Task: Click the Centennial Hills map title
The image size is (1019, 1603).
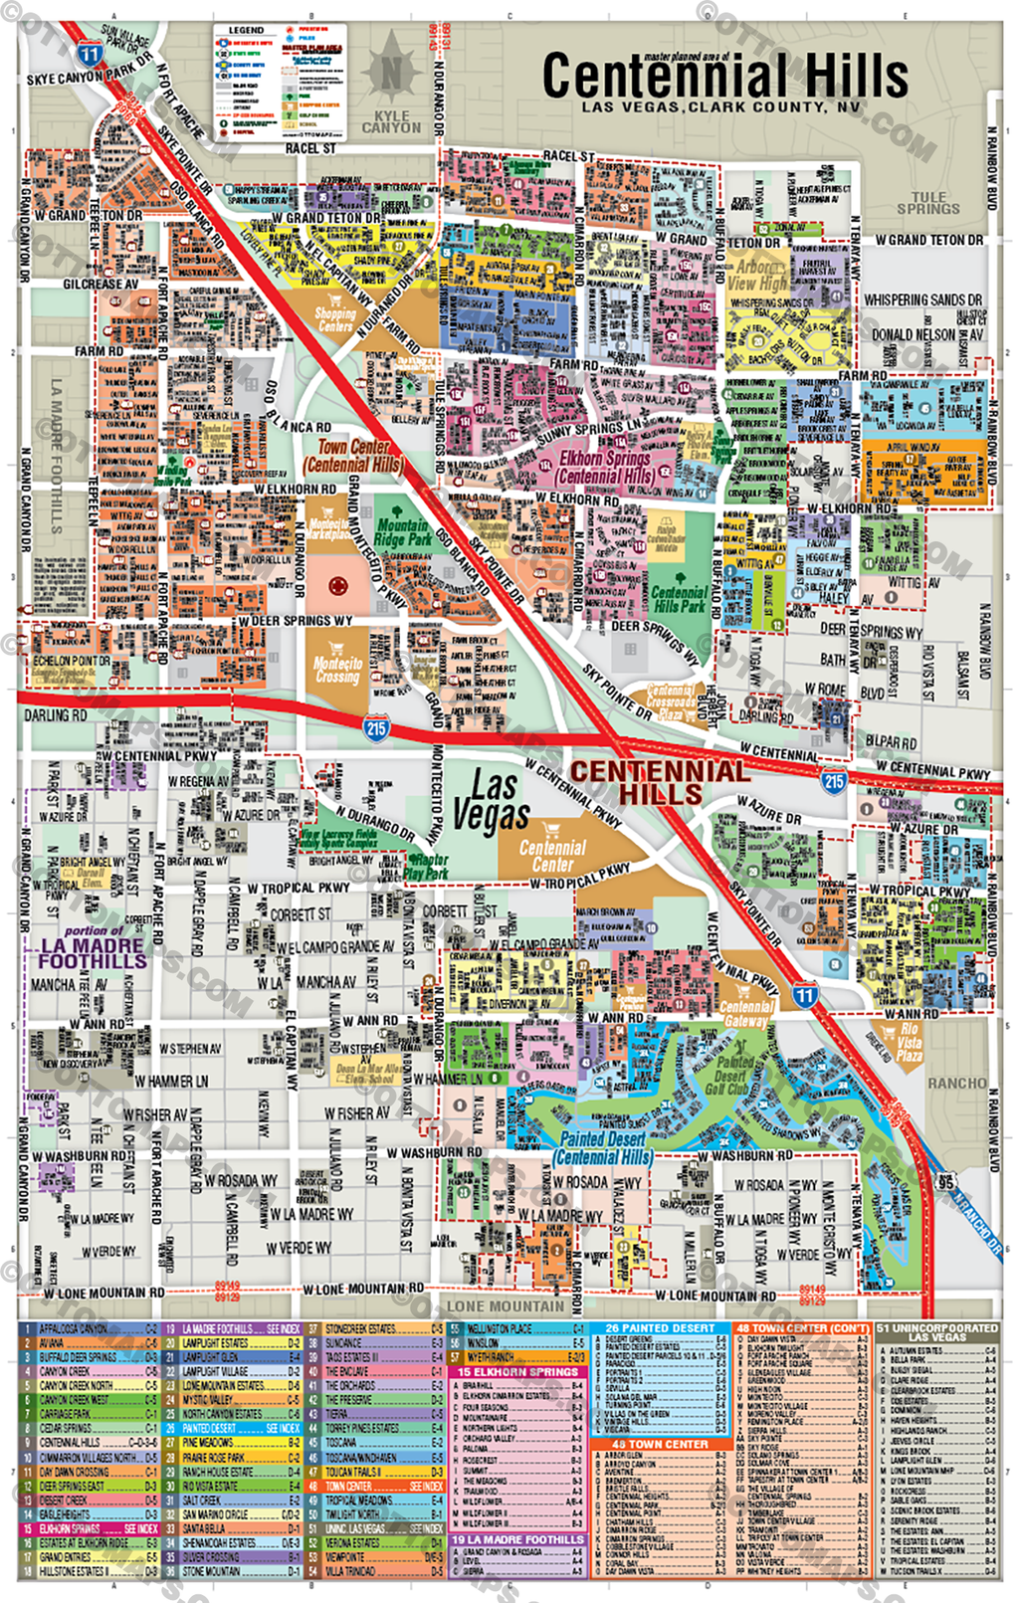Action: [x=724, y=77]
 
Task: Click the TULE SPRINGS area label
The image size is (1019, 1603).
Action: [x=927, y=203]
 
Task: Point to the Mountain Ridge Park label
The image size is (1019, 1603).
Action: [x=403, y=532]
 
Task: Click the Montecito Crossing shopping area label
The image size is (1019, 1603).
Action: [x=338, y=670]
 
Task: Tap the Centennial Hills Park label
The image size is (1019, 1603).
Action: [x=680, y=598]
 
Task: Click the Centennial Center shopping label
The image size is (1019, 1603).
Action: [x=552, y=855]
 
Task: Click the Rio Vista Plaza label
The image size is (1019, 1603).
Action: [x=908, y=1043]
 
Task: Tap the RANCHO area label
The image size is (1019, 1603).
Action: [x=956, y=1083]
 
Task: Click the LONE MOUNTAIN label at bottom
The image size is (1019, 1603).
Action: [x=505, y=1306]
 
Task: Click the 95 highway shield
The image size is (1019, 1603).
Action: [x=944, y=1182]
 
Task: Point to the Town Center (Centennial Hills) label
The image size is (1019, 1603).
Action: [x=355, y=456]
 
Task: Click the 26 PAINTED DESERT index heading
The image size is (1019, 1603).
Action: [x=660, y=1328]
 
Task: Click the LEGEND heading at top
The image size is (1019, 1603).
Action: [x=246, y=31]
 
